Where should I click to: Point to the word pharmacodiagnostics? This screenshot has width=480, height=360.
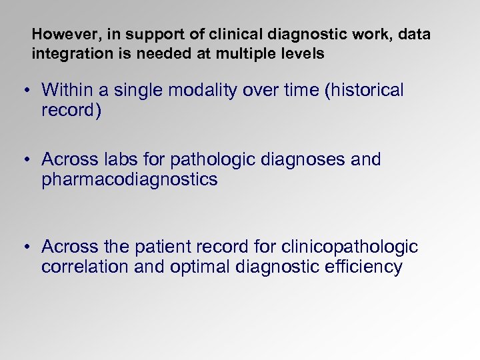129,180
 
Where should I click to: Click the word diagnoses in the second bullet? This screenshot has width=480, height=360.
303,160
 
